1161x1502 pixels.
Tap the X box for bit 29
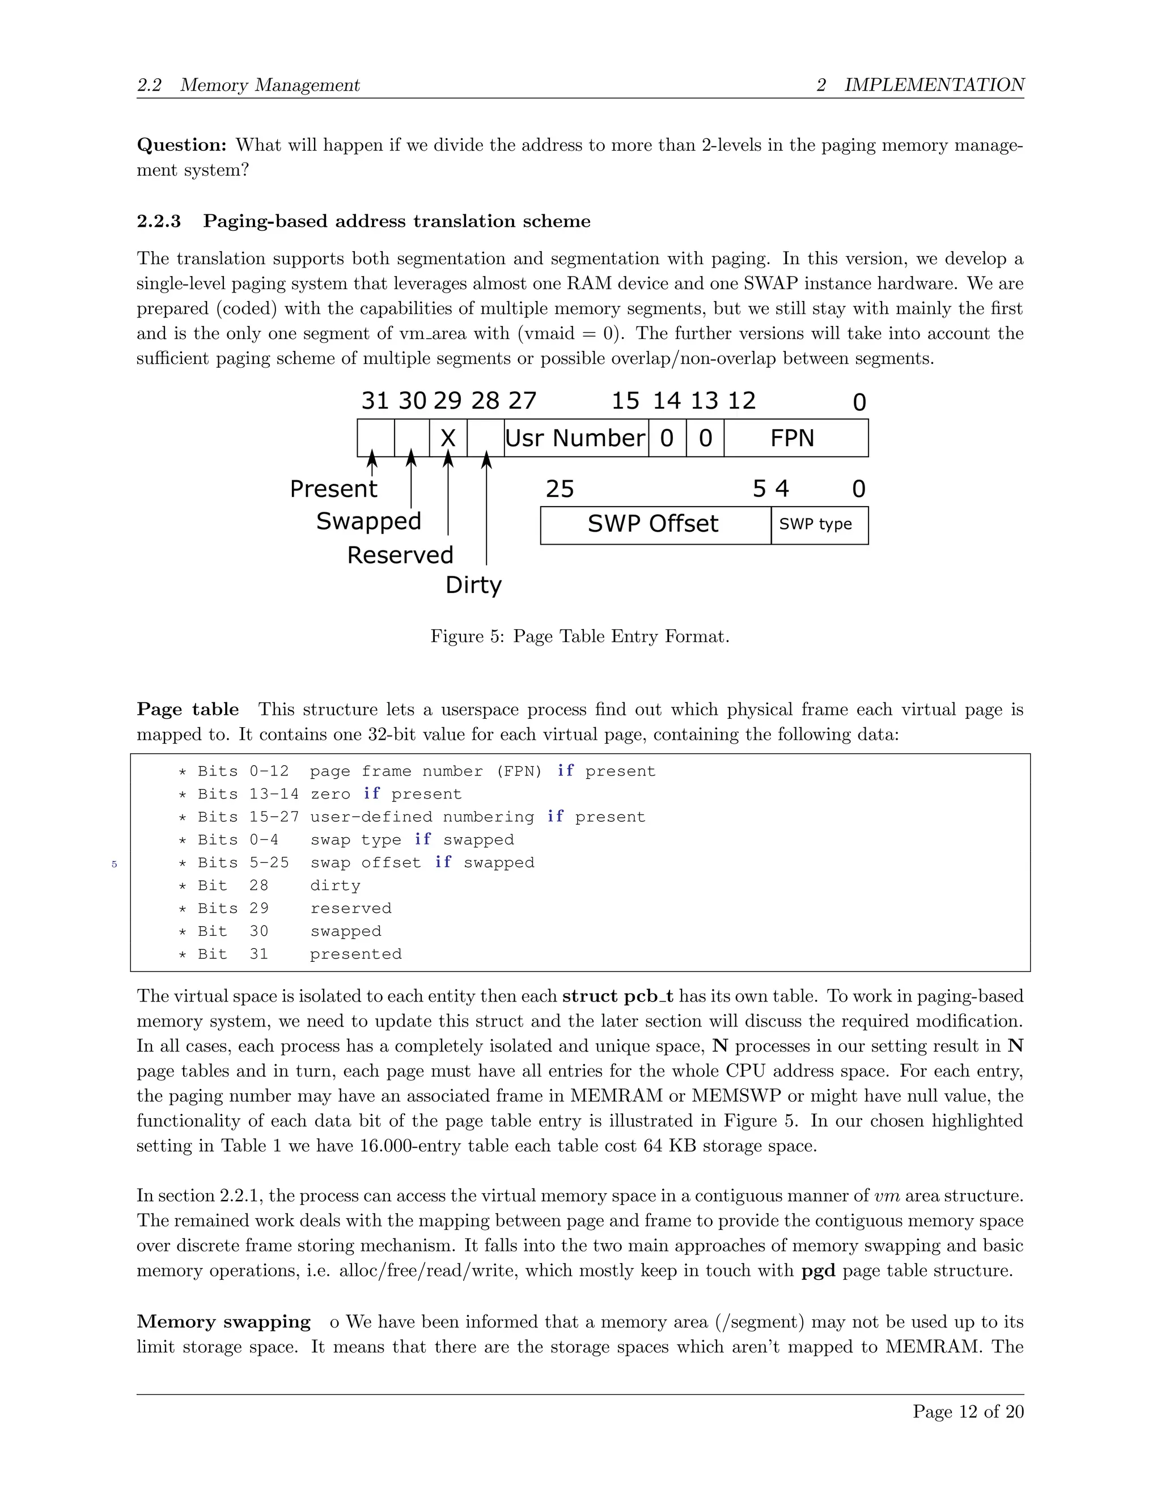pyautogui.click(x=448, y=438)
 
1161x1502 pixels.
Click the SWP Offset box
pyautogui.click(x=654, y=525)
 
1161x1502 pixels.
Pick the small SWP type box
pyautogui.click(x=819, y=525)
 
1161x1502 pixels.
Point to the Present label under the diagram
pyautogui.click(x=333, y=489)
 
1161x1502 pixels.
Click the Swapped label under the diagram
pyautogui.click(x=368, y=521)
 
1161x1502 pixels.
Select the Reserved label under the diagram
pyautogui.click(x=400, y=555)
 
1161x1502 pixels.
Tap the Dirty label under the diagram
pyautogui.click(x=473, y=585)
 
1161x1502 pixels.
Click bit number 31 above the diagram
pyautogui.click(x=375, y=401)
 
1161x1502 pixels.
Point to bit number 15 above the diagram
pyautogui.click(x=625, y=401)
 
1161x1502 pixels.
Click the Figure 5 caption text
pyautogui.click(x=580, y=636)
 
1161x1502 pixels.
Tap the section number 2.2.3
pyautogui.click(x=159, y=222)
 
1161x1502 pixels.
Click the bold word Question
pyautogui.click(x=181, y=145)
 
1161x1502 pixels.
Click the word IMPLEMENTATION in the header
pyautogui.click(x=934, y=84)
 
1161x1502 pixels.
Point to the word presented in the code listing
pyautogui.click(x=355, y=954)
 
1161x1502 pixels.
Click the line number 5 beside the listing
pyautogui.click(x=114, y=864)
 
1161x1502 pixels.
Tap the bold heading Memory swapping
pyautogui.click(x=223, y=1321)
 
